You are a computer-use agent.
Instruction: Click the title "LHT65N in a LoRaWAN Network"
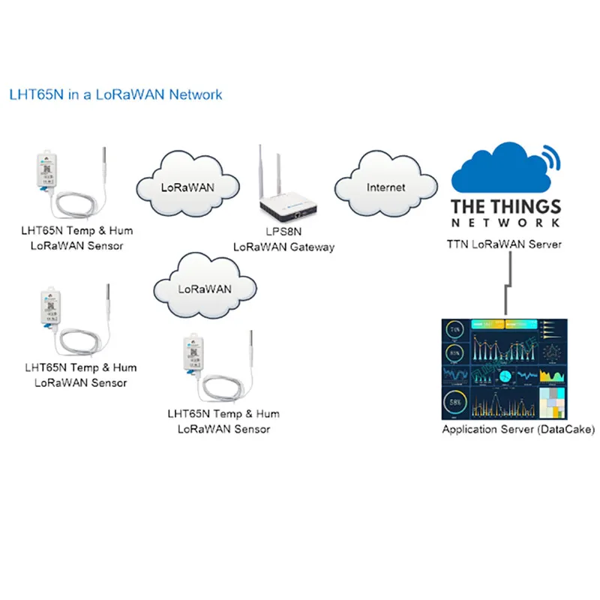(115, 95)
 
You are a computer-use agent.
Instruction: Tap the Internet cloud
(385, 187)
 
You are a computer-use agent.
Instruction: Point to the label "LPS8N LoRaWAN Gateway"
(283, 240)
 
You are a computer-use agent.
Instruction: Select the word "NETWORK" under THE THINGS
(505, 223)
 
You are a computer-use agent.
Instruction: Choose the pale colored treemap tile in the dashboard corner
(556, 401)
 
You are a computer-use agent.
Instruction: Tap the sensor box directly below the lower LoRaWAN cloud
(191, 352)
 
